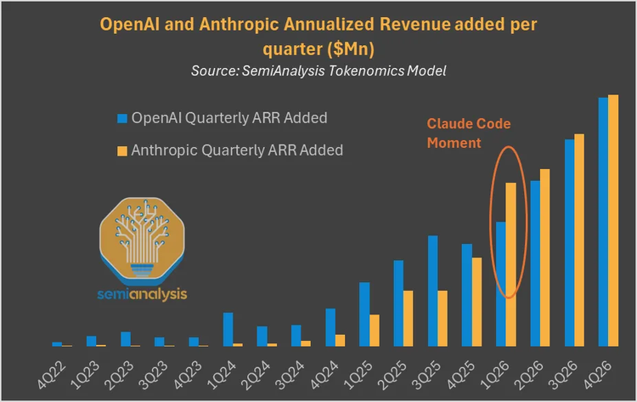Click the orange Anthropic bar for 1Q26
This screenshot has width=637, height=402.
(511, 264)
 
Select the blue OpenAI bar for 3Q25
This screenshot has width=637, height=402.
(432, 291)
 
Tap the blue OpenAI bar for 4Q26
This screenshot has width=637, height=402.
(603, 221)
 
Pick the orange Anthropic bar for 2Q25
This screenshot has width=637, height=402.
(409, 318)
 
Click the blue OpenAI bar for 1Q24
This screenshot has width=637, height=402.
(228, 329)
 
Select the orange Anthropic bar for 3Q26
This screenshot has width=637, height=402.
(580, 240)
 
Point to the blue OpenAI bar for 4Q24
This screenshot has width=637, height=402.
(330, 327)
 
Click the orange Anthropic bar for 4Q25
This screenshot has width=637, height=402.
(477, 302)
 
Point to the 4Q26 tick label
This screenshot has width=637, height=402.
(606, 371)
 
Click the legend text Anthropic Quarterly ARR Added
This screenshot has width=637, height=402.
(238, 150)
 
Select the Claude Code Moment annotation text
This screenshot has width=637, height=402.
(468, 133)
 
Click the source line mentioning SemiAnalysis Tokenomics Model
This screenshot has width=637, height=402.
(318, 71)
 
